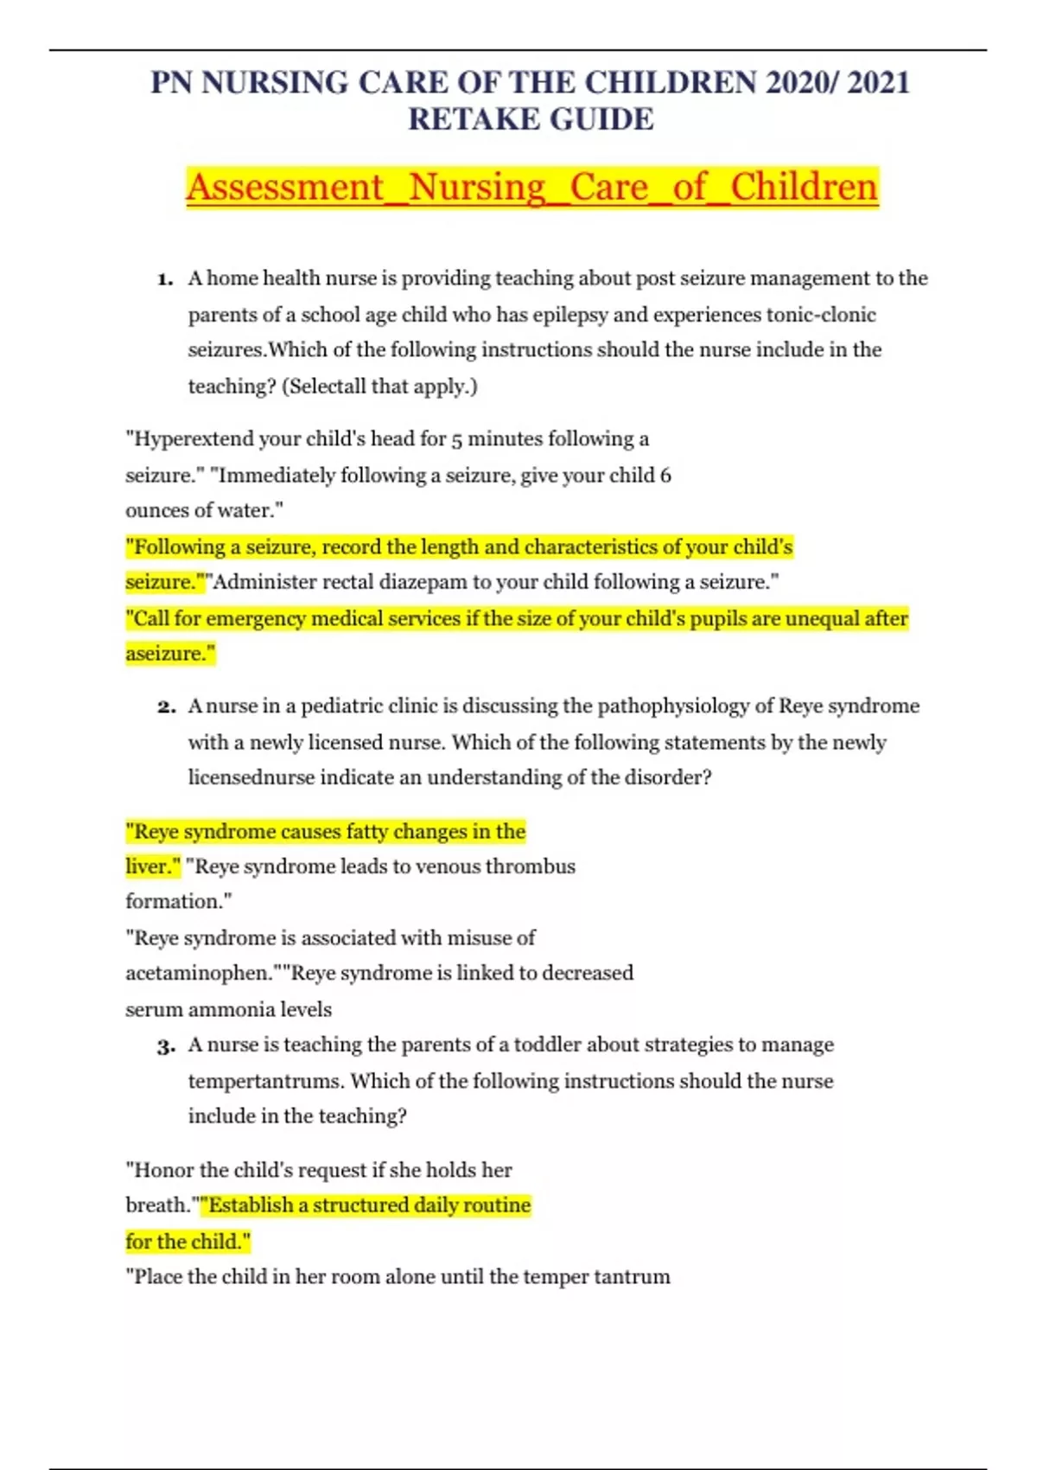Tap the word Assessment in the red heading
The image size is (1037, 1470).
pyautogui.click(x=284, y=187)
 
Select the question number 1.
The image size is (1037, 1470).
pyautogui.click(x=165, y=279)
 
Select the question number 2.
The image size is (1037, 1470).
pyautogui.click(x=166, y=707)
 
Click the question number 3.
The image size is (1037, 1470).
pyautogui.click(x=166, y=1046)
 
